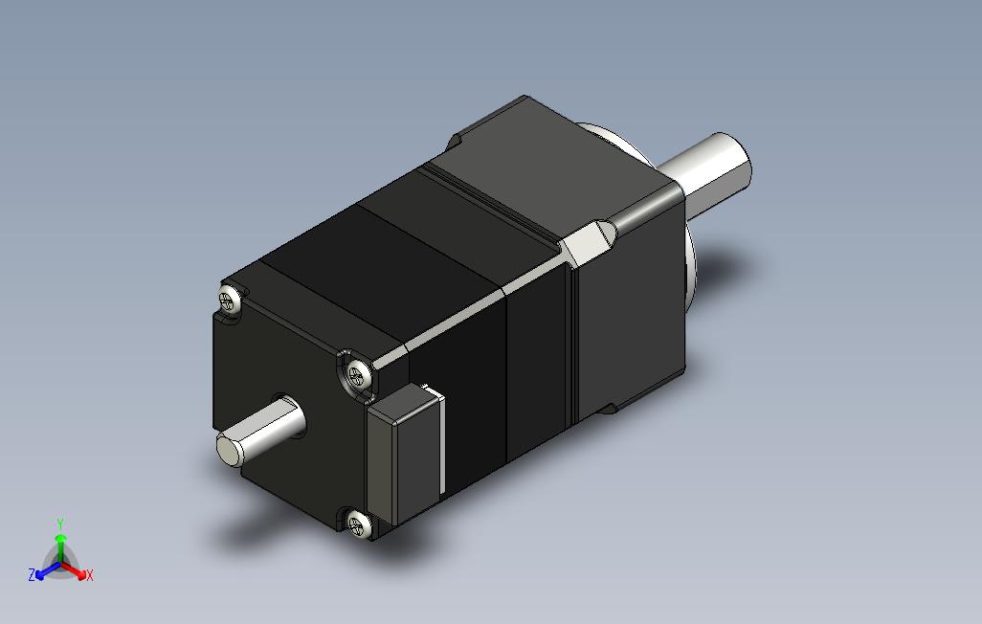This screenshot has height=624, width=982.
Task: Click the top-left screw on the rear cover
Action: click(x=230, y=299)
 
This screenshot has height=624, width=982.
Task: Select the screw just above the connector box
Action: click(x=360, y=373)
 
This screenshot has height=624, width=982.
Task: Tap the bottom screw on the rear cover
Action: click(x=359, y=523)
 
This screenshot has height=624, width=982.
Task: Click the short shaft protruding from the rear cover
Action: click(x=261, y=432)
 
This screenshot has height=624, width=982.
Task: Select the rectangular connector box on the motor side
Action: click(x=405, y=454)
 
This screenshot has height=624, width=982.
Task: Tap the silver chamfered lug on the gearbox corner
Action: click(x=587, y=241)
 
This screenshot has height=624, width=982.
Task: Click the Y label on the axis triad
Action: click(x=60, y=524)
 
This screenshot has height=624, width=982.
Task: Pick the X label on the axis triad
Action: click(x=90, y=575)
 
